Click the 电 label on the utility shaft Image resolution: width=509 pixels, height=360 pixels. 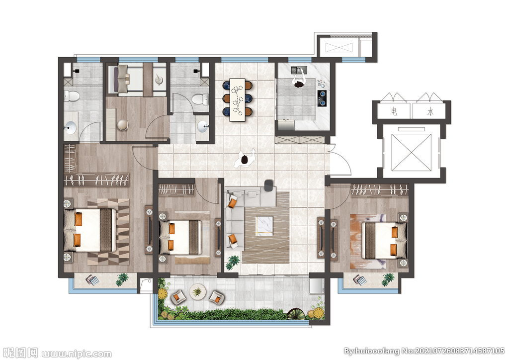point(394,112)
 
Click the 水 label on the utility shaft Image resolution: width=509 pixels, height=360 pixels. point(430,112)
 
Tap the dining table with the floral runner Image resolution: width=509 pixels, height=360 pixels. point(238,99)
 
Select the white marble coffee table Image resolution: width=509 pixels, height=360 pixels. point(264,225)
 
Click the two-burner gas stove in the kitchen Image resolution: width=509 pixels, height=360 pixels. point(322,98)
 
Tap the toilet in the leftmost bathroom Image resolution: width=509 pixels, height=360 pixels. point(72,96)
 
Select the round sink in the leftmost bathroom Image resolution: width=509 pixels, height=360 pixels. point(71,128)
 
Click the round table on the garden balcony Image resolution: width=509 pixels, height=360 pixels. point(198,292)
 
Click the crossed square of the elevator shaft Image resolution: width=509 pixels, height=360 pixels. point(411,152)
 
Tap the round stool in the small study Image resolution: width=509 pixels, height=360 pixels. point(123,125)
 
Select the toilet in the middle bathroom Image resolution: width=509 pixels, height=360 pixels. point(201,99)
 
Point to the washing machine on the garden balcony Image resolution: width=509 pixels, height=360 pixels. point(317,285)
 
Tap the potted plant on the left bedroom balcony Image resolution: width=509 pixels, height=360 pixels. point(122,279)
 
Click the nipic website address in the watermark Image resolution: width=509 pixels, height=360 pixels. point(77,353)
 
